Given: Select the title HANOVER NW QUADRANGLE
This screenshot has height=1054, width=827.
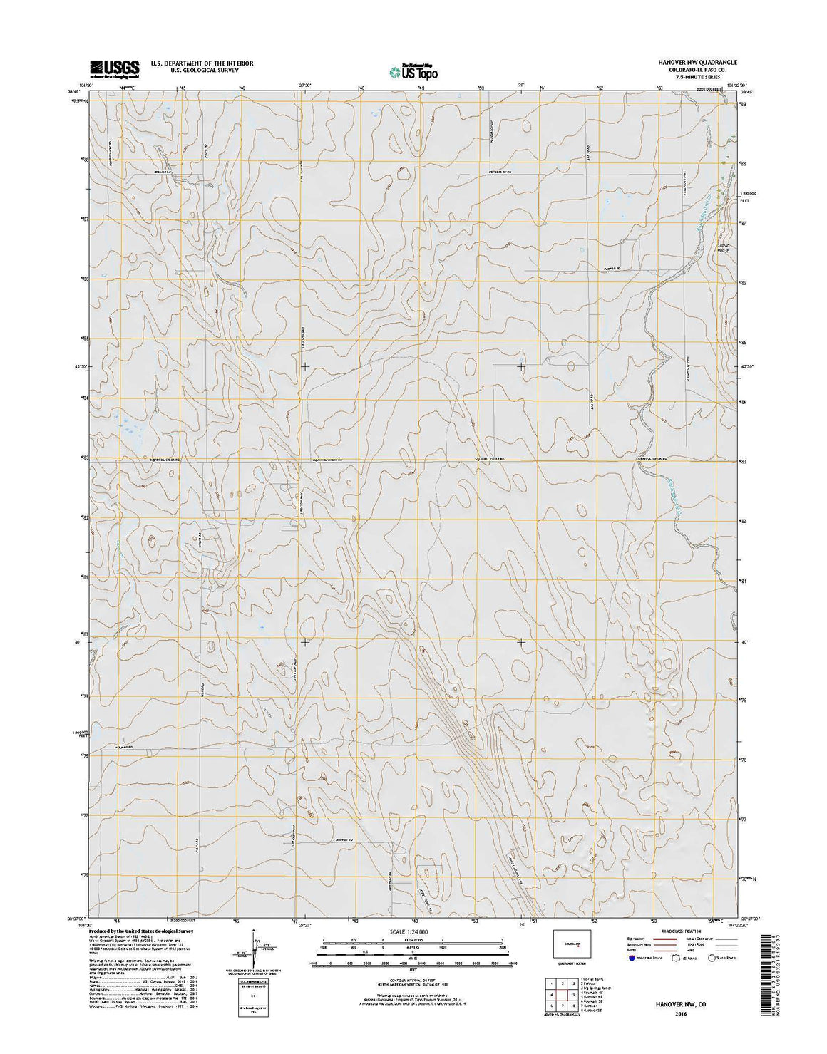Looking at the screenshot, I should (697, 63).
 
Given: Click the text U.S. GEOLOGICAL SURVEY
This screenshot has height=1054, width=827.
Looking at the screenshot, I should (202, 71).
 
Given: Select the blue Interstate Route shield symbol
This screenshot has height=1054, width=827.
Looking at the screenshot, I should (632, 959).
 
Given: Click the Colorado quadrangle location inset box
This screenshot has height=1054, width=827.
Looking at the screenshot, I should (572, 944).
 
